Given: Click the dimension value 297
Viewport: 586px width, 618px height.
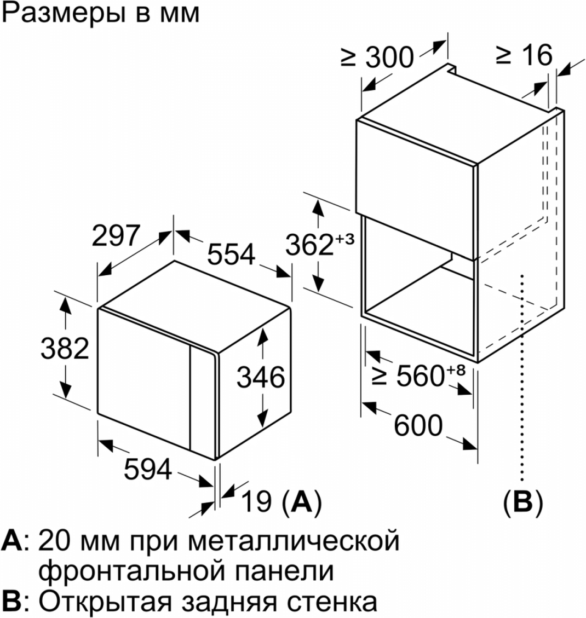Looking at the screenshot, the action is tap(116, 235).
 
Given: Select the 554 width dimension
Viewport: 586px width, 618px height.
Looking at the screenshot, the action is tap(231, 254).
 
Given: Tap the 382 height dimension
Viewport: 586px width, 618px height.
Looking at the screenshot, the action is tap(65, 349).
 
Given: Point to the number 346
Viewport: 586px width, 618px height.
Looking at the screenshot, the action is tap(260, 377).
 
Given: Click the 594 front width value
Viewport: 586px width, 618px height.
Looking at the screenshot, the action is tap(148, 469).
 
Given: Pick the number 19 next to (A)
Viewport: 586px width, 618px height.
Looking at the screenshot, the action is tap(256, 501).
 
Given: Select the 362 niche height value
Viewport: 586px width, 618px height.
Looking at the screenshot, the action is tap(309, 244).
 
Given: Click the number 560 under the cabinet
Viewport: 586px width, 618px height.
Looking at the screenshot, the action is tap(421, 376).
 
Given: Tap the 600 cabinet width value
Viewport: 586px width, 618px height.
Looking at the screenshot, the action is tap(418, 425).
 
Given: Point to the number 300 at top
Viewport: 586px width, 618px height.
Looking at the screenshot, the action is tap(389, 57).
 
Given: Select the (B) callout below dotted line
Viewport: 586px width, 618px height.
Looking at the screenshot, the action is tap(523, 502).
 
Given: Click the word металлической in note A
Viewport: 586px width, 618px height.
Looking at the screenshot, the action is tap(294, 541).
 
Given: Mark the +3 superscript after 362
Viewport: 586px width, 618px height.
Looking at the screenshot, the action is tap(345, 239).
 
